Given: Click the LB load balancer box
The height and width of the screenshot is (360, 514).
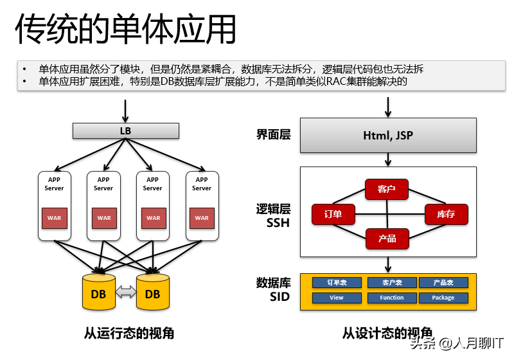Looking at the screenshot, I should (x=125, y=131).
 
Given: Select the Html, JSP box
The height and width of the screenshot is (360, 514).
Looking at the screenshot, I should (x=387, y=135).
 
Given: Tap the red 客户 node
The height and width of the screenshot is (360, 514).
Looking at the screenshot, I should (x=387, y=189).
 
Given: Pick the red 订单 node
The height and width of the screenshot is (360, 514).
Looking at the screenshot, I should (x=333, y=214).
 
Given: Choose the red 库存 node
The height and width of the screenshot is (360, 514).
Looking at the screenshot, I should (x=446, y=214).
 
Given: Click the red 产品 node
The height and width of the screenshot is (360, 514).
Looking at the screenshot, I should (x=387, y=239).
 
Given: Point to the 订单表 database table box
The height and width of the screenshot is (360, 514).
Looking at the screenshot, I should (x=337, y=283).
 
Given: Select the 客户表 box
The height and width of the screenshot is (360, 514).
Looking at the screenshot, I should (x=391, y=283).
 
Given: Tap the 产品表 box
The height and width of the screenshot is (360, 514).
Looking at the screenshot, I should (x=443, y=283).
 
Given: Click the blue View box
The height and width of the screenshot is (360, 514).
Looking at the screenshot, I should (x=337, y=298).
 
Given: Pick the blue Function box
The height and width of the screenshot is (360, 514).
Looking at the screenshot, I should (x=391, y=298).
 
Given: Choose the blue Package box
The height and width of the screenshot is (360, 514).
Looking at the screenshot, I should (x=443, y=298).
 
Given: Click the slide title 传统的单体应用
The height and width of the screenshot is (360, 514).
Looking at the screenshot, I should (x=126, y=29).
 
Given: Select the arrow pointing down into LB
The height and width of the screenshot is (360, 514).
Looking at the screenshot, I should (x=125, y=111).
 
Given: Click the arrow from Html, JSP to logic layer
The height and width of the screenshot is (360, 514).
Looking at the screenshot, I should (x=387, y=159).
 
